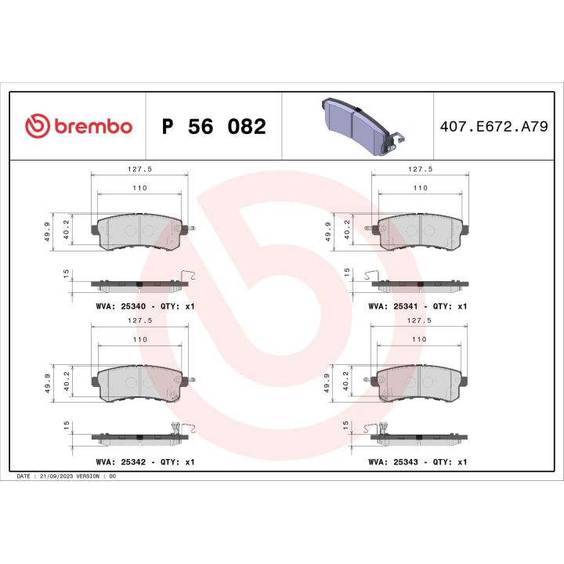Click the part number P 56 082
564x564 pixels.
pyautogui.click(x=213, y=126)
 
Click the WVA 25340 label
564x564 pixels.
pyautogui.click(x=143, y=306)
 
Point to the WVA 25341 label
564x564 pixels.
pyautogui.click(x=418, y=306)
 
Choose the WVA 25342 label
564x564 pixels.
pyautogui.click(x=143, y=462)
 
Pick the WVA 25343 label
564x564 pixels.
pyautogui.click(x=418, y=462)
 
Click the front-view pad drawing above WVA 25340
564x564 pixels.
pyautogui.click(x=139, y=230)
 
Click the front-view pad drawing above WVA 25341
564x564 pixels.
pyautogui.click(x=421, y=230)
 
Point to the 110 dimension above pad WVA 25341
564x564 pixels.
pyautogui.click(x=421, y=189)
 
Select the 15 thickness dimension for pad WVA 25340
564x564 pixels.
pyautogui.click(x=66, y=273)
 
